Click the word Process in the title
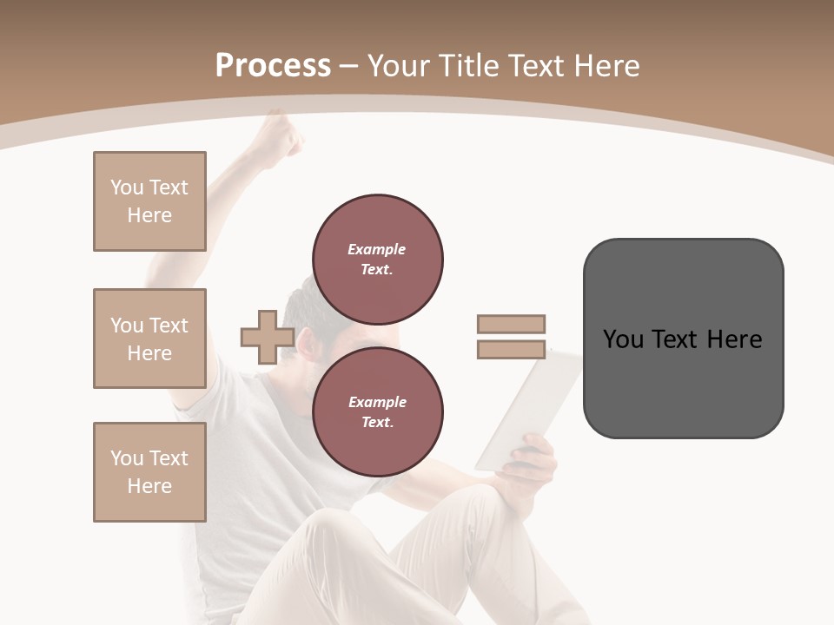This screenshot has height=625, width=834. (273, 66)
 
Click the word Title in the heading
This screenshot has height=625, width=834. (470, 66)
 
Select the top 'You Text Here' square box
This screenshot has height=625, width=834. (149, 201)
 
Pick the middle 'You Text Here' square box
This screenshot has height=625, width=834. (149, 339)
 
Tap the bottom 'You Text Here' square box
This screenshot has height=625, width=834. (149, 472)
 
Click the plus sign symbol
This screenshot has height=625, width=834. (267, 337)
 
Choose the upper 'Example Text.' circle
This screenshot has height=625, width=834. (377, 259)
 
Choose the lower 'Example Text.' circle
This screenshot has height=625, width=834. (377, 411)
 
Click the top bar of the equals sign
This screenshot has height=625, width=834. (511, 324)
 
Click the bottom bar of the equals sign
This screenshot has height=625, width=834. (511, 349)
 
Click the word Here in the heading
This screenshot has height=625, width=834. (606, 66)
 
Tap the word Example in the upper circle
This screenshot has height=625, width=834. (377, 249)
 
